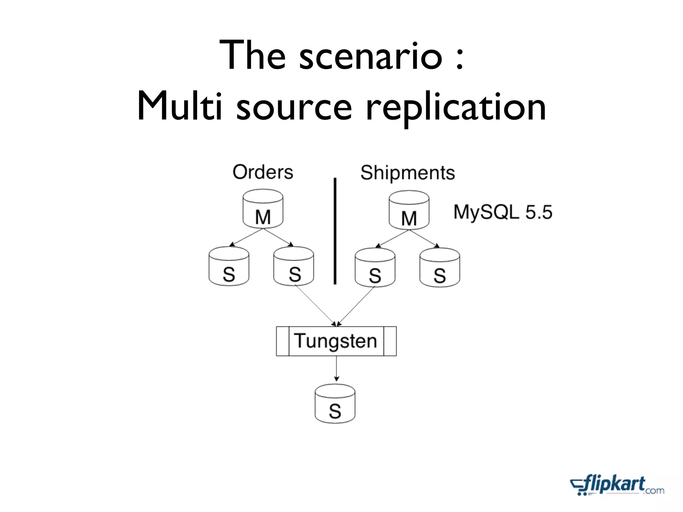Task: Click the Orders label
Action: (263, 172)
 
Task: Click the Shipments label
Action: (408, 173)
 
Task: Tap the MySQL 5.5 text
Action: (503, 212)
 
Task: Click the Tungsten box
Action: (336, 341)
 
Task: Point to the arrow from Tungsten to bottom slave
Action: (336, 368)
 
